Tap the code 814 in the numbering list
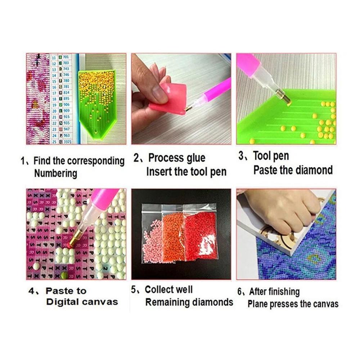tap(66, 93)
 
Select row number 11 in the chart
tap(54, 57)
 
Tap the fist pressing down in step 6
tap(284, 212)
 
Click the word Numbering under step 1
tap(55, 173)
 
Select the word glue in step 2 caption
tap(196, 158)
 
